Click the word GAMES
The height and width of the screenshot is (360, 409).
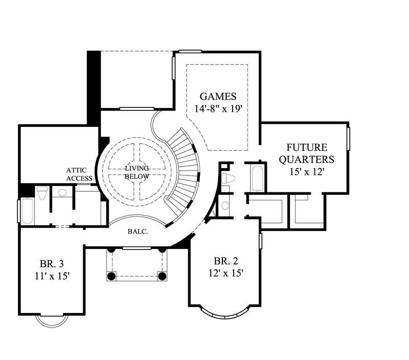click(x=218, y=96)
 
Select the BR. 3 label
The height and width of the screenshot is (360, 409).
click(x=52, y=264)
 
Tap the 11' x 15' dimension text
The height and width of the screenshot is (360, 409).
click(x=52, y=277)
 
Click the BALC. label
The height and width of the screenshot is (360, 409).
click(x=138, y=232)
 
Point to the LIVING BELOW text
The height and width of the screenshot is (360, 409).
click(x=137, y=172)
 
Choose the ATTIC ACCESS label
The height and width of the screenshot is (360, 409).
click(x=79, y=174)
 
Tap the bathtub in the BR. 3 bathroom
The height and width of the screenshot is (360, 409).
click(x=27, y=210)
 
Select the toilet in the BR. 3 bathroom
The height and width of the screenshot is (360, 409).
click(x=42, y=193)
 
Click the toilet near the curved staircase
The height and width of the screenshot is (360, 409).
click(x=228, y=178)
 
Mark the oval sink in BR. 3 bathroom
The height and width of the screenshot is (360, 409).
click(x=62, y=193)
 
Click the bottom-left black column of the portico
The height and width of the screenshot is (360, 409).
click(x=111, y=276)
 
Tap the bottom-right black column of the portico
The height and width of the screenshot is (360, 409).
click(x=163, y=276)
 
